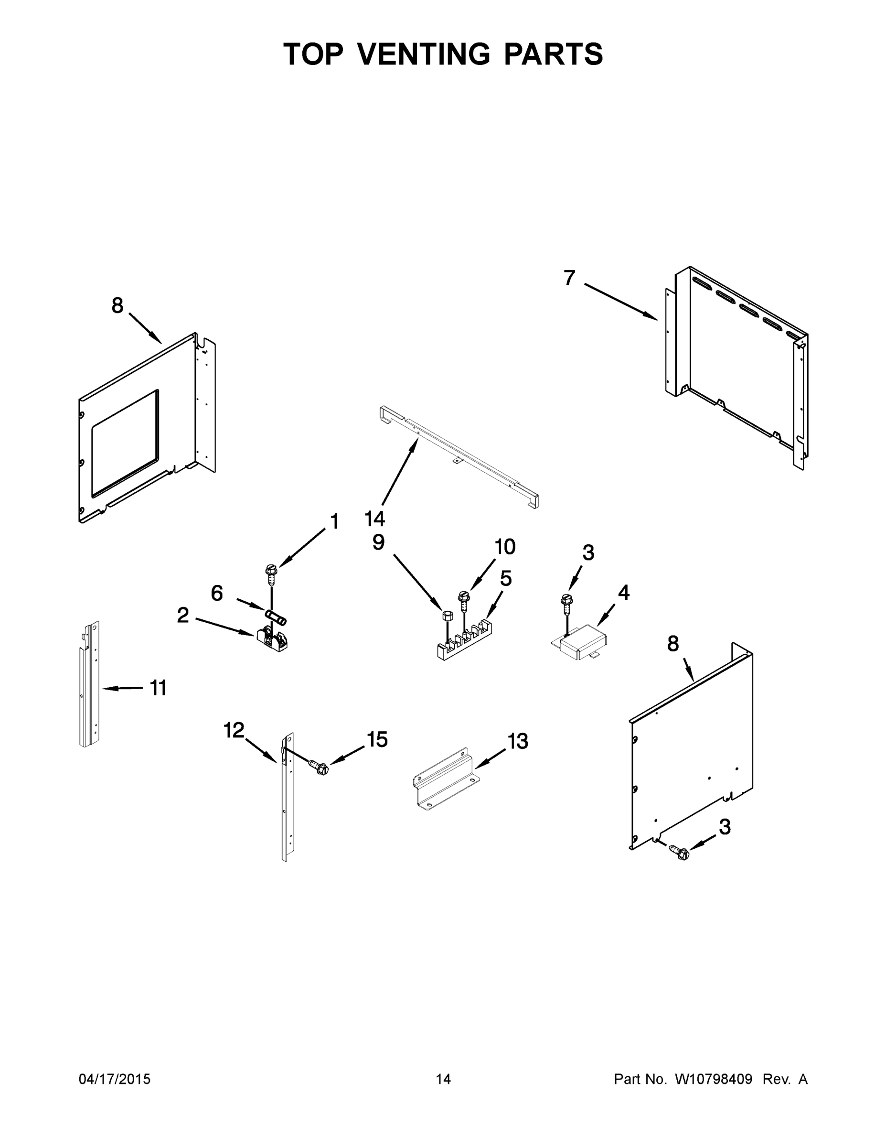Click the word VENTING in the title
click(424, 54)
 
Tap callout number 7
click(569, 277)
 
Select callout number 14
click(375, 519)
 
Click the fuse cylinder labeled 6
click(276, 617)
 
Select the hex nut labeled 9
click(447, 616)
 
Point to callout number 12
click(234, 729)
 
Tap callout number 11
click(158, 687)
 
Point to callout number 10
click(505, 547)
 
